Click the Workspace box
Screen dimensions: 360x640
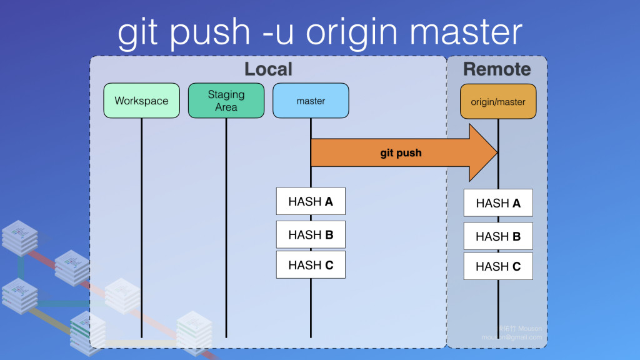pos(141,101)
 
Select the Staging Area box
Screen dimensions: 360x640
pos(226,101)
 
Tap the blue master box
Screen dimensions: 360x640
pos(311,101)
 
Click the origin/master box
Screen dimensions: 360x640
pos(498,101)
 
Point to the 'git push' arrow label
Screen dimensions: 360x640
pos(401,152)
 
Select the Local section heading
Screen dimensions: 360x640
pos(268,69)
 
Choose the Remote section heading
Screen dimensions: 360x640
pos(497,69)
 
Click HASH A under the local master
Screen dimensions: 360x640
pos(311,201)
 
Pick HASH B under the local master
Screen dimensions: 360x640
pos(311,235)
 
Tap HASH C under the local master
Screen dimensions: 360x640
pos(311,265)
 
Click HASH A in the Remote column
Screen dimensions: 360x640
pos(498,203)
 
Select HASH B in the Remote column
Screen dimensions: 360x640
pos(498,236)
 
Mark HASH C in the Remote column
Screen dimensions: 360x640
pos(498,266)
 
